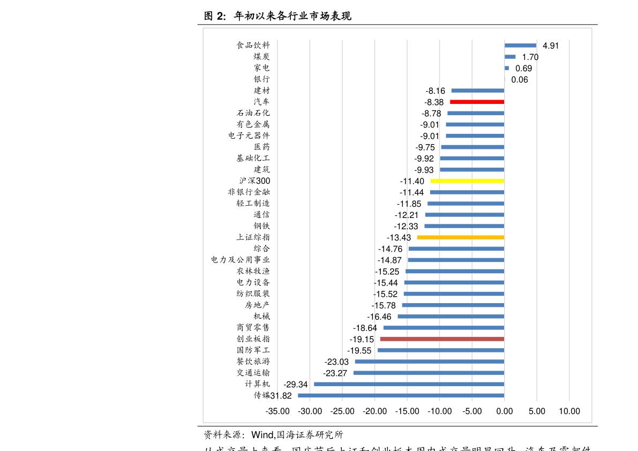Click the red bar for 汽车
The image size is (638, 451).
point(477,102)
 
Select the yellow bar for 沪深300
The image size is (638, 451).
point(467,181)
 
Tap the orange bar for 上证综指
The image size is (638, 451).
point(461,237)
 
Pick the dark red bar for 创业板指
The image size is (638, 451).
point(442,339)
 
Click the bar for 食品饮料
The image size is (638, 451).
point(520,46)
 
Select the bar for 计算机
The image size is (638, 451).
point(409,384)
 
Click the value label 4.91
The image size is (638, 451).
point(550,46)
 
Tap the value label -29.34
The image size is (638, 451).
point(295,385)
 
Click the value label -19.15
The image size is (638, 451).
point(362,340)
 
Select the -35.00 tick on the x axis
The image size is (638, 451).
point(277,411)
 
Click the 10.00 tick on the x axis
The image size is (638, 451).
point(569,411)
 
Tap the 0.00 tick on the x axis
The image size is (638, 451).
point(504,411)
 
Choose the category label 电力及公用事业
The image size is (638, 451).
point(241,260)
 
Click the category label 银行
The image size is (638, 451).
point(262,79)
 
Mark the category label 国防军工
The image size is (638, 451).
point(253,350)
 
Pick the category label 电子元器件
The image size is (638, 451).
point(249,136)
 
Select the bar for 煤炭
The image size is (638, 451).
point(510,57)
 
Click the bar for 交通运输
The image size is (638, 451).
point(429,373)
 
